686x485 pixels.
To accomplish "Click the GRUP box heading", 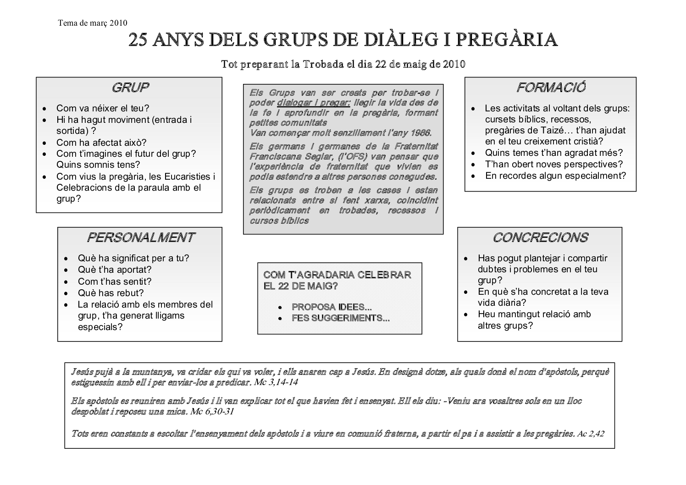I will coord(130,88).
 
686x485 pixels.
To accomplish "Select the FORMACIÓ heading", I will coord(551,88).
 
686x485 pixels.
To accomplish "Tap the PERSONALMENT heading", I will coord(141,237).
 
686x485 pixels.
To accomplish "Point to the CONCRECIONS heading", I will coord(540,237).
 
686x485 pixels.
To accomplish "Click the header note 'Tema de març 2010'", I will coord(93,23).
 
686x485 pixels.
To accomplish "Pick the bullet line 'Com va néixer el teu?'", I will coord(103,109).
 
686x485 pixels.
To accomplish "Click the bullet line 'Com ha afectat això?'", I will coord(101,143).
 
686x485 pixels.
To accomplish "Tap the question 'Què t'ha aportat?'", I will coord(115,270).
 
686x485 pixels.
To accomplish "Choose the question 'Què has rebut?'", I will coord(111,293).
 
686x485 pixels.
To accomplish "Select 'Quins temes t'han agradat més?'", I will coord(554,153).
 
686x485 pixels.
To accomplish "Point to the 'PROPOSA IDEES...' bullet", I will coord(332,307).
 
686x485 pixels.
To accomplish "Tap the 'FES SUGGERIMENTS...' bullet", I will coord(341,318).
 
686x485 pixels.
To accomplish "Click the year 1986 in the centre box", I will coord(420,133).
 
